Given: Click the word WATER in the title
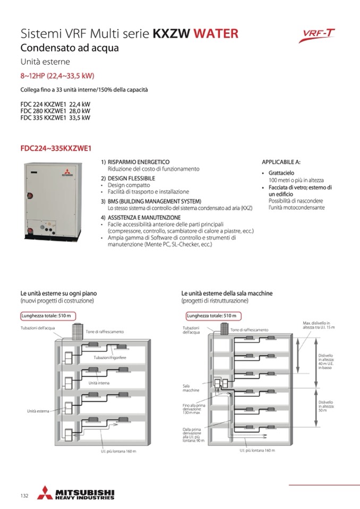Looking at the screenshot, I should [x=216, y=34].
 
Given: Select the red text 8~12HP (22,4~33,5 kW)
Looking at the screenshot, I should [x=57, y=76].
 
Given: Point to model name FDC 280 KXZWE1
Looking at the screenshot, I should [x=43, y=111].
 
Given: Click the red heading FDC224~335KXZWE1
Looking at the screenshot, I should [x=56, y=149].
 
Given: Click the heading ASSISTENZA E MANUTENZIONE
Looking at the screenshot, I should [x=144, y=218].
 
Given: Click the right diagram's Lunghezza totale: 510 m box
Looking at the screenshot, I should [x=212, y=316].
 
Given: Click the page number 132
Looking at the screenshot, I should [x=24, y=496].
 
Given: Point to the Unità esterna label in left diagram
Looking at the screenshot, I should [x=38, y=411].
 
